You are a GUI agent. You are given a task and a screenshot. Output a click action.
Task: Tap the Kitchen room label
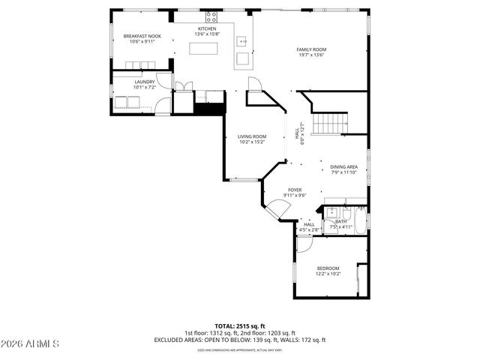click(x=206, y=28)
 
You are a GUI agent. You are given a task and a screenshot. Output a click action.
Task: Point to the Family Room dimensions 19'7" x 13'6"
click(x=312, y=55)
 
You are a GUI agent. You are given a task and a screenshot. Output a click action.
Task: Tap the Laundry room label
click(x=145, y=82)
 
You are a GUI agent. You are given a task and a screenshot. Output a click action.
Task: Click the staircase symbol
click(x=331, y=121)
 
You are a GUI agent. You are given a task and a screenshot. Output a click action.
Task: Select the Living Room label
click(x=252, y=136)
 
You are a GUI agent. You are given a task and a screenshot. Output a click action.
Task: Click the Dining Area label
click(x=344, y=167)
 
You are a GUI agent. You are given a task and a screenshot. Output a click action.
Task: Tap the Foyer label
click(x=295, y=190)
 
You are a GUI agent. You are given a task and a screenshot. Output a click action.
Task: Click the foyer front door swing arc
click(x=274, y=212)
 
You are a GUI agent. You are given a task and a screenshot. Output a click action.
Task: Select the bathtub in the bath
click(x=360, y=222)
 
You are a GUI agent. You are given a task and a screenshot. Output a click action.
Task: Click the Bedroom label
click(x=328, y=268)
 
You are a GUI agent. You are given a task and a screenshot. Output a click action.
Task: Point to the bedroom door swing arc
click(x=303, y=244)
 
